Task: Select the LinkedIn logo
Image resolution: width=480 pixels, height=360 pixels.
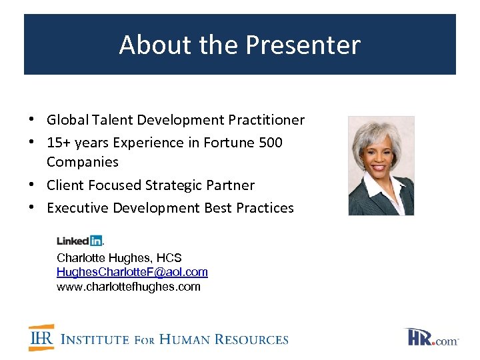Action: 79,241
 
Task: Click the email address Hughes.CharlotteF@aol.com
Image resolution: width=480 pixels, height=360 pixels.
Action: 132,272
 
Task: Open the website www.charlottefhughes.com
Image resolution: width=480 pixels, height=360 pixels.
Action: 128,287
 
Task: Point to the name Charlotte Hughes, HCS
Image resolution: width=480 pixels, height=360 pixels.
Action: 119,257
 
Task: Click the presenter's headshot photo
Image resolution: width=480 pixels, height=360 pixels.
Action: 381,166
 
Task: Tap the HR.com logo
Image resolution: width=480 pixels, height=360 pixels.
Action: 431,337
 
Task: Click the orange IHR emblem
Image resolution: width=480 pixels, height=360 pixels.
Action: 41,338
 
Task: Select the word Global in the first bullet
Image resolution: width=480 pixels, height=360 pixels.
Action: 65,120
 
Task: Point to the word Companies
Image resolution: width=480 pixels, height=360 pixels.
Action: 83,162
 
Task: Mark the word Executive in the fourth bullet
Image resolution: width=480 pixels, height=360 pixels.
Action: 77,208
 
